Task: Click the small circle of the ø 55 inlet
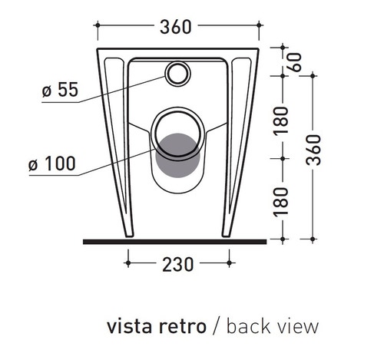(178, 74)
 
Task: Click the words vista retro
(156, 326)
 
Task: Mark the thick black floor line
(174, 241)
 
